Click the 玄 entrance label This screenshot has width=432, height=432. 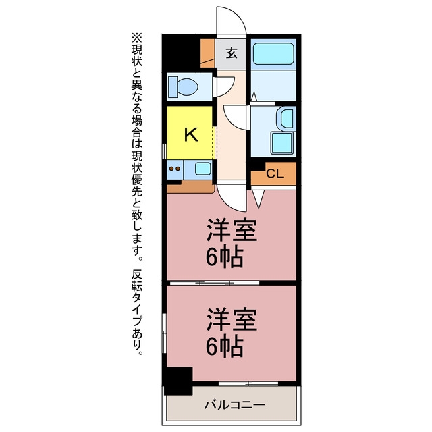232,53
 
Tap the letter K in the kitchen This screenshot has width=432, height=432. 191,134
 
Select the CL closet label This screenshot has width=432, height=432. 275,173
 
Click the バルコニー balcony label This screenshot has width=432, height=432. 235,404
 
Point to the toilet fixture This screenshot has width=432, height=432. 183,86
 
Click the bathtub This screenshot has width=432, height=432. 273,54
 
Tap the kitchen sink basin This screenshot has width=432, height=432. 203,168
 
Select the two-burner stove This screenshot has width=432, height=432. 175,169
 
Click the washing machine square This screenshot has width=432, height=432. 281,142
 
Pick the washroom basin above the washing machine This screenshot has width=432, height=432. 286,119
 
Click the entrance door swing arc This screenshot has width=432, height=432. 232,20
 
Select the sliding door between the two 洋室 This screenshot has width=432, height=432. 215,283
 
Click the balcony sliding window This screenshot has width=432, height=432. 248,383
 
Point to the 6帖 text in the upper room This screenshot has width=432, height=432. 225,256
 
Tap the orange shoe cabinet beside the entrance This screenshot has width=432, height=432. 207,53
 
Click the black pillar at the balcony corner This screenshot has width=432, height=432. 178,381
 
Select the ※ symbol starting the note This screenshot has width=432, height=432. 137,37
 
